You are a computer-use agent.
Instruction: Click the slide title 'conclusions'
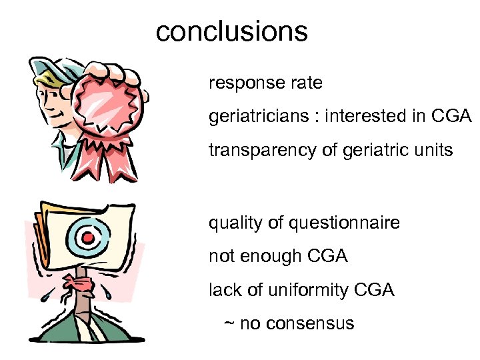click(231, 31)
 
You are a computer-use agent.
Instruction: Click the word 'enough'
click(274, 257)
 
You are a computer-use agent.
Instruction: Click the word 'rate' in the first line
click(307, 84)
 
